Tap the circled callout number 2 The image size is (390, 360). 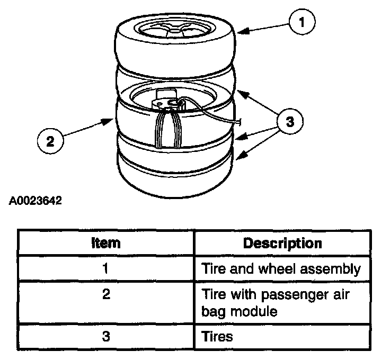click(50, 141)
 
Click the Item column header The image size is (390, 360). click(106, 243)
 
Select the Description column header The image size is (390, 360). click(282, 243)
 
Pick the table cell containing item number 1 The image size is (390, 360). click(106, 268)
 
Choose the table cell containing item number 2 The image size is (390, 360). click(106, 295)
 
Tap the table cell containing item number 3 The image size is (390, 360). click(106, 336)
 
